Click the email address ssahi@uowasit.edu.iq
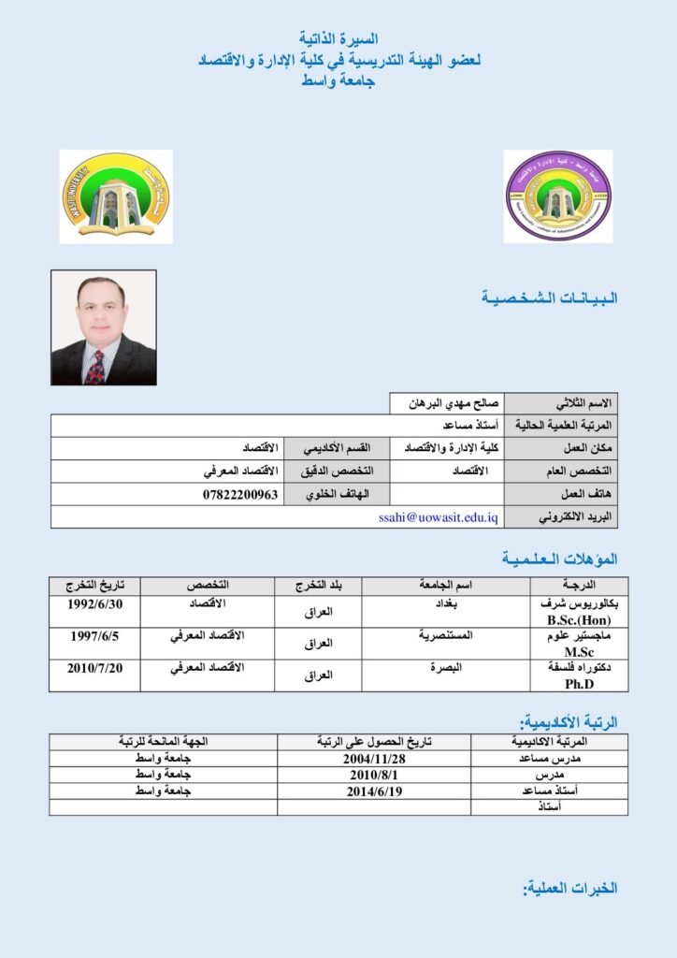pyautogui.click(x=439, y=516)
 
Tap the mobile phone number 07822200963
pyautogui.click(x=240, y=494)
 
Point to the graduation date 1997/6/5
pyautogui.click(x=95, y=636)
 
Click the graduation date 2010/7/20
pyautogui.click(x=95, y=668)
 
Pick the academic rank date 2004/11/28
pyautogui.click(x=374, y=759)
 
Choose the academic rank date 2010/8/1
pyautogui.click(x=374, y=776)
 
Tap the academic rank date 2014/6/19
pyautogui.click(x=374, y=791)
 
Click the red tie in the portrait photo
pyautogui.click(x=94, y=368)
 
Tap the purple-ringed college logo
pyautogui.click(x=558, y=196)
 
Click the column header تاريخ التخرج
pyautogui.click(x=95, y=586)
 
